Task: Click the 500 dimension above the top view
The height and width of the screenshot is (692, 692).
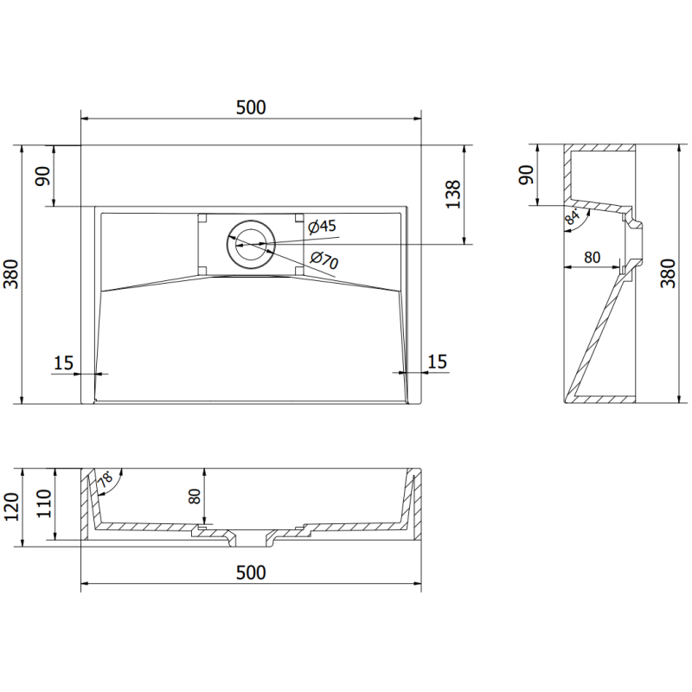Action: [x=250, y=107]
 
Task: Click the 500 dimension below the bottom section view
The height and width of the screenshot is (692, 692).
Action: [x=250, y=573]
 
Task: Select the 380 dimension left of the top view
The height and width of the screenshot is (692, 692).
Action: [x=11, y=273]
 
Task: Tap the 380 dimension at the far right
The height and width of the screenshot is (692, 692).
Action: [x=668, y=273]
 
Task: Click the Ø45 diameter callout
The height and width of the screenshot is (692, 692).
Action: [x=322, y=227]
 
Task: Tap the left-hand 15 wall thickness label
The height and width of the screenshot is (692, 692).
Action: [x=63, y=362]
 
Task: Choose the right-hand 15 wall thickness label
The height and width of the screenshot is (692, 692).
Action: [x=437, y=362]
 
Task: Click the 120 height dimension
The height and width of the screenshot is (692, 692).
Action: [x=11, y=508]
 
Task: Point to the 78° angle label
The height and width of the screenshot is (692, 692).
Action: [x=106, y=478]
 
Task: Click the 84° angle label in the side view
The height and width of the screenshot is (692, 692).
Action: [x=572, y=217]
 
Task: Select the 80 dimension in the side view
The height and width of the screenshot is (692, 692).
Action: [x=592, y=257]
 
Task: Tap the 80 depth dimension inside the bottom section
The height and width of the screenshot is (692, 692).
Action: [x=195, y=497]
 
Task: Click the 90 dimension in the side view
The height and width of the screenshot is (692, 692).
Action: [x=524, y=176]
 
